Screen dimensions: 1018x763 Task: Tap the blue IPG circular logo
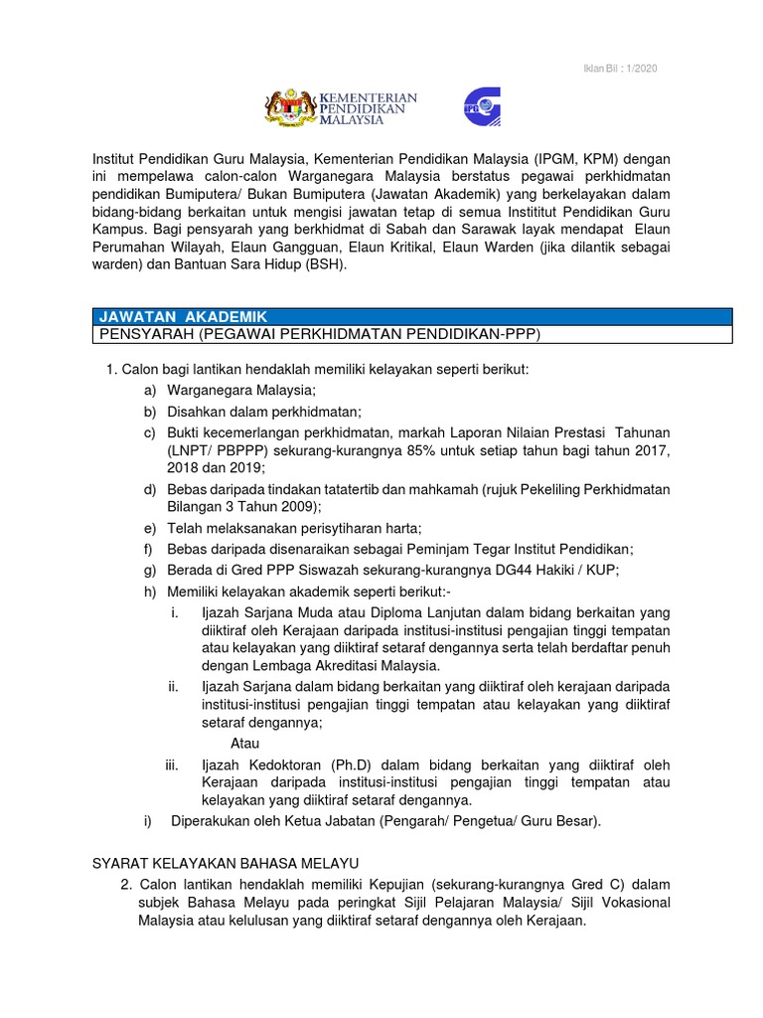tap(482, 106)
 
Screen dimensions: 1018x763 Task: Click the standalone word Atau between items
tap(244, 743)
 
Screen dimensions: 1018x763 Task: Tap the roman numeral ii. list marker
tap(173, 687)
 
